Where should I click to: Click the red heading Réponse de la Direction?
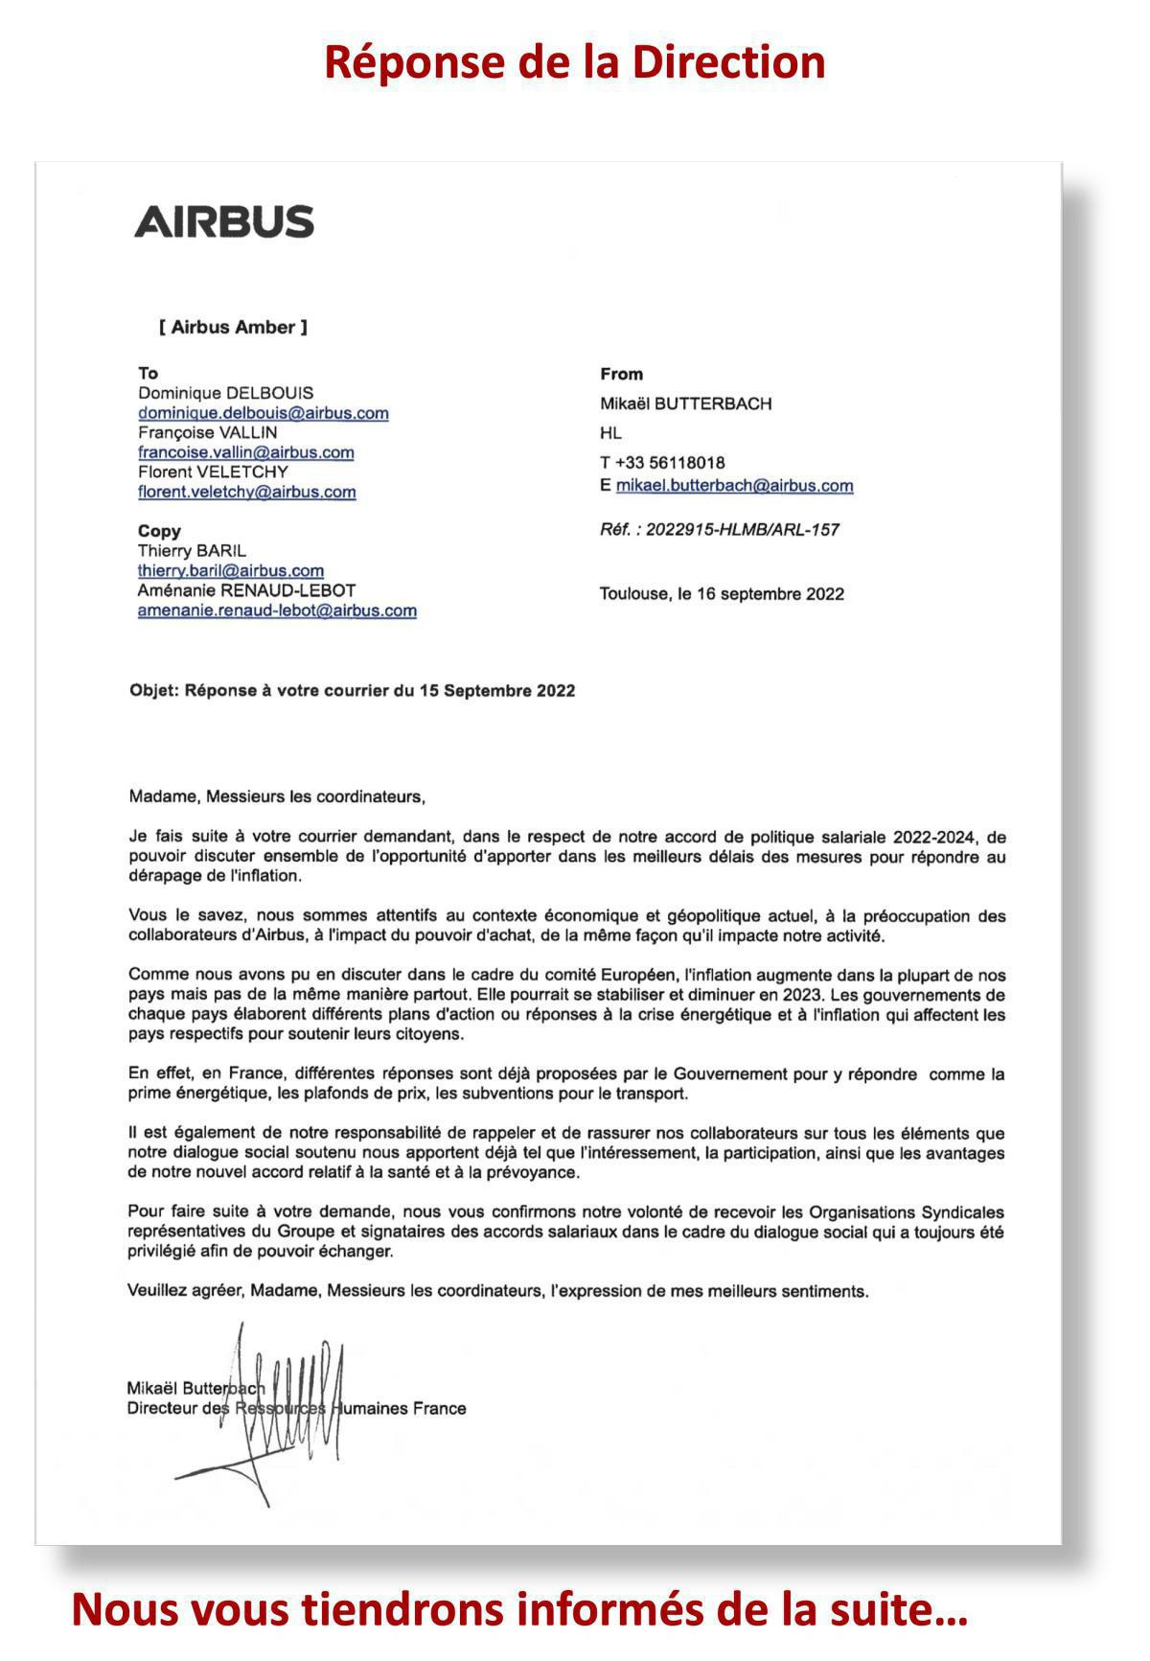(x=574, y=62)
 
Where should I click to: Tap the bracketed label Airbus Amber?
(x=233, y=327)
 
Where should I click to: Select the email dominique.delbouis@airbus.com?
(x=264, y=413)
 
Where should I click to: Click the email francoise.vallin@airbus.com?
(x=246, y=452)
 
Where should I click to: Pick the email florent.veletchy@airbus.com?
(x=247, y=492)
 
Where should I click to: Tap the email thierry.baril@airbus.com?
(x=231, y=570)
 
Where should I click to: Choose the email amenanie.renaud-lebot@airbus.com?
(x=277, y=611)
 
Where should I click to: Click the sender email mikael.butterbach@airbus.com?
(x=734, y=485)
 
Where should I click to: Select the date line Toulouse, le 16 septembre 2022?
(x=722, y=593)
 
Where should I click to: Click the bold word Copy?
(x=159, y=531)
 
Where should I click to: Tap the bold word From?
(x=621, y=374)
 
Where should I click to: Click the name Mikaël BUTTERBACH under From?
(x=685, y=404)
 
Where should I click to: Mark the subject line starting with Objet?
(x=352, y=690)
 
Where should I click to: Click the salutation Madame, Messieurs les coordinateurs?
(x=276, y=796)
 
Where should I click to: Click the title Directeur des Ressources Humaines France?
(x=296, y=1408)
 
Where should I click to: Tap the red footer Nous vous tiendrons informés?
(x=519, y=1609)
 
